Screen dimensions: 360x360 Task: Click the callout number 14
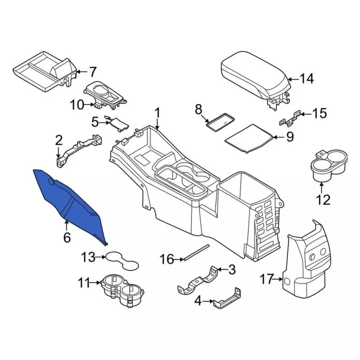(306, 79)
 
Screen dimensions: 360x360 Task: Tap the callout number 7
(93, 71)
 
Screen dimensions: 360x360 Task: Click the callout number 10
(76, 104)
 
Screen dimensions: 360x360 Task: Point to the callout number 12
(323, 199)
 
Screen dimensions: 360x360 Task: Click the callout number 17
(267, 278)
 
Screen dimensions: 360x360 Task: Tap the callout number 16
(167, 259)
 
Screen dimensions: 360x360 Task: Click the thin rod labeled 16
(197, 252)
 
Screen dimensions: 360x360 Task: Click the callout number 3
(232, 270)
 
